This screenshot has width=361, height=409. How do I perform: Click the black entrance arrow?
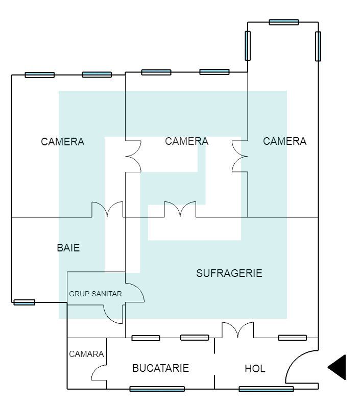338,367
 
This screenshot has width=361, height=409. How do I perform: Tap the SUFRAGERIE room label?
229,273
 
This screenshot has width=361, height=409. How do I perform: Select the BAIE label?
68,248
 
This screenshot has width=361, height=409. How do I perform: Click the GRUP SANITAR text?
95,294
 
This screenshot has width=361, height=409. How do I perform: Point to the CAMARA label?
86,354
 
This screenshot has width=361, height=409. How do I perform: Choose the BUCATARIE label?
160,368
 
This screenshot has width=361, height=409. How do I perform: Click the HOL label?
255,369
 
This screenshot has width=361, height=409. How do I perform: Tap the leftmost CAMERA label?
63,142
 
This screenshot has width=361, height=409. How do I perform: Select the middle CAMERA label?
186,141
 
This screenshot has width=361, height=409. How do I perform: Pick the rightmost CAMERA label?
284,141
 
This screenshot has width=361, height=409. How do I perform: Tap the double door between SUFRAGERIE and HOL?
237,330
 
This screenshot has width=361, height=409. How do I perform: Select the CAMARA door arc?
99,373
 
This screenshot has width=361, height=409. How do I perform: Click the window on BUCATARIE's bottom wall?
157,389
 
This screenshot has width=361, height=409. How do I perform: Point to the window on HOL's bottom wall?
266,389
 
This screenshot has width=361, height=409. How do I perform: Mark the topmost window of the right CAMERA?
284,22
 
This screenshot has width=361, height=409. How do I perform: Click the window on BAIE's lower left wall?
25,302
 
